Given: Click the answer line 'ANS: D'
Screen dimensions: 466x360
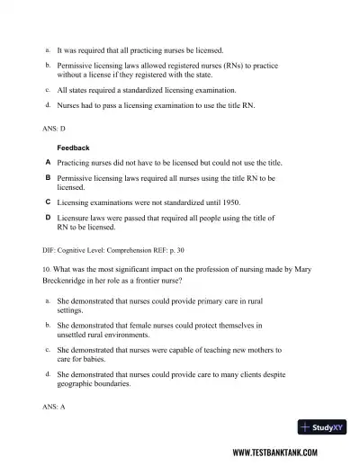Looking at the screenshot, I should point(54,130).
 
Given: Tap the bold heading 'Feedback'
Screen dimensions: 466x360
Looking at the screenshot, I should point(74,147).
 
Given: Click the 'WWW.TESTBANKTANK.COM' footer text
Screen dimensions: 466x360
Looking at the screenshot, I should point(283,453).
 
